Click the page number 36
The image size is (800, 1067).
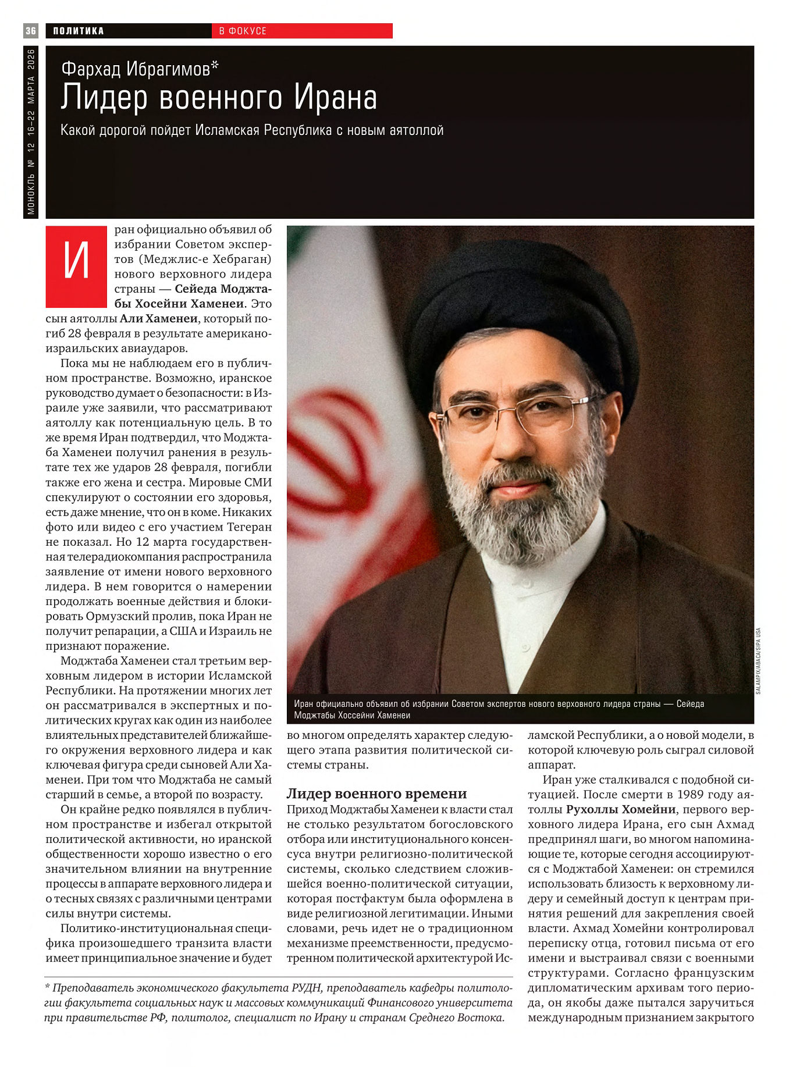point(31,31)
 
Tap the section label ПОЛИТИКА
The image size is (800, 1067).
point(79,31)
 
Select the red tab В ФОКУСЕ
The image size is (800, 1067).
point(243,31)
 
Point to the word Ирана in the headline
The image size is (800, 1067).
point(335,97)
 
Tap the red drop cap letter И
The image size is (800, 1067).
point(76,266)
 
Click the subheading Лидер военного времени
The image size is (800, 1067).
point(376,794)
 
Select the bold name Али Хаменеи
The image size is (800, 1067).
point(159,318)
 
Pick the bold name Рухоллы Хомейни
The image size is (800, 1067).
point(620,809)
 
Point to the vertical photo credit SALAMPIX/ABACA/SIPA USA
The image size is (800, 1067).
point(758,660)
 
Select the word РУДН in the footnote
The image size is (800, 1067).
point(304,988)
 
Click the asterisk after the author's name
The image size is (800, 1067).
point(215,66)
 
